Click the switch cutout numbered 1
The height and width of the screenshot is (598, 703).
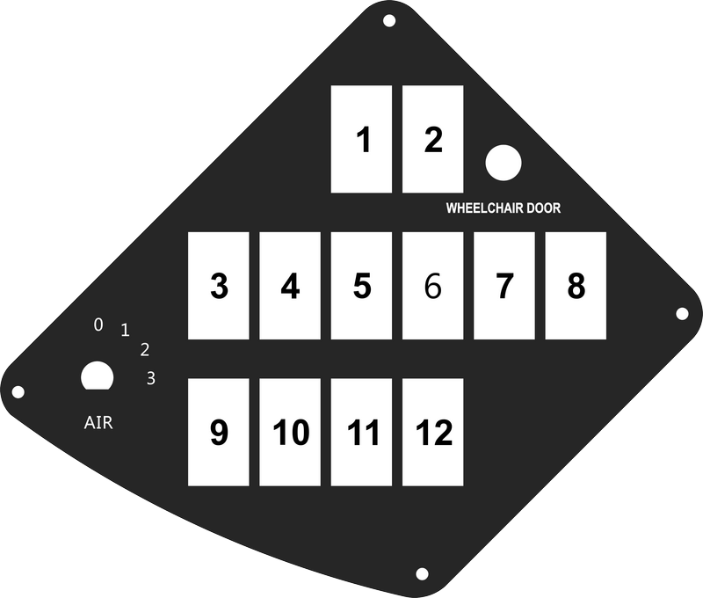pyautogui.click(x=361, y=139)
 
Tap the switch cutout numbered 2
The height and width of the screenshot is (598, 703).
pyautogui.click(x=432, y=139)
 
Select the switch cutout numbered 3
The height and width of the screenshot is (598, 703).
pyautogui.click(x=218, y=286)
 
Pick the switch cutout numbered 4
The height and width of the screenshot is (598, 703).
pyautogui.click(x=290, y=286)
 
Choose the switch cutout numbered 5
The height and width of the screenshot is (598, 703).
pyautogui.click(x=361, y=286)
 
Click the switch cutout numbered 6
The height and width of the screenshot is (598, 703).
pyautogui.click(x=432, y=286)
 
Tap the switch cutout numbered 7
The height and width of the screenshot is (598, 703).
pyautogui.click(x=504, y=286)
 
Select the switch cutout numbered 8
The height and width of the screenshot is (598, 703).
pyautogui.click(x=576, y=286)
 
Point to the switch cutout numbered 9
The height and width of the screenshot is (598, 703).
pyautogui.click(x=218, y=432)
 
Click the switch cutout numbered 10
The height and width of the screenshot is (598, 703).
pyautogui.click(x=290, y=432)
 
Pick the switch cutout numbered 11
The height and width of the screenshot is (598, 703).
pyautogui.click(x=361, y=432)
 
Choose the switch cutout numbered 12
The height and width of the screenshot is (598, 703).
pyautogui.click(x=432, y=432)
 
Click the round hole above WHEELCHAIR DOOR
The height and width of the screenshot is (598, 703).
pyautogui.click(x=504, y=163)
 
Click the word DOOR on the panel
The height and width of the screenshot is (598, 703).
pyautogui.click(x=543, y=208)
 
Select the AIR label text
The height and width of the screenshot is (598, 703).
pyautogui.click(x=98, y=423)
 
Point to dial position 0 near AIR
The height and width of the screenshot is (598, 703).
pyautogui.click(x=98, y=325)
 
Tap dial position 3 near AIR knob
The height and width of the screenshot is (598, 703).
pyautogui.click(x=151, y=378)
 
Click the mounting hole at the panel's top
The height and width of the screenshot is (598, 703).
pyautogui.click(x=389, y=20)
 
